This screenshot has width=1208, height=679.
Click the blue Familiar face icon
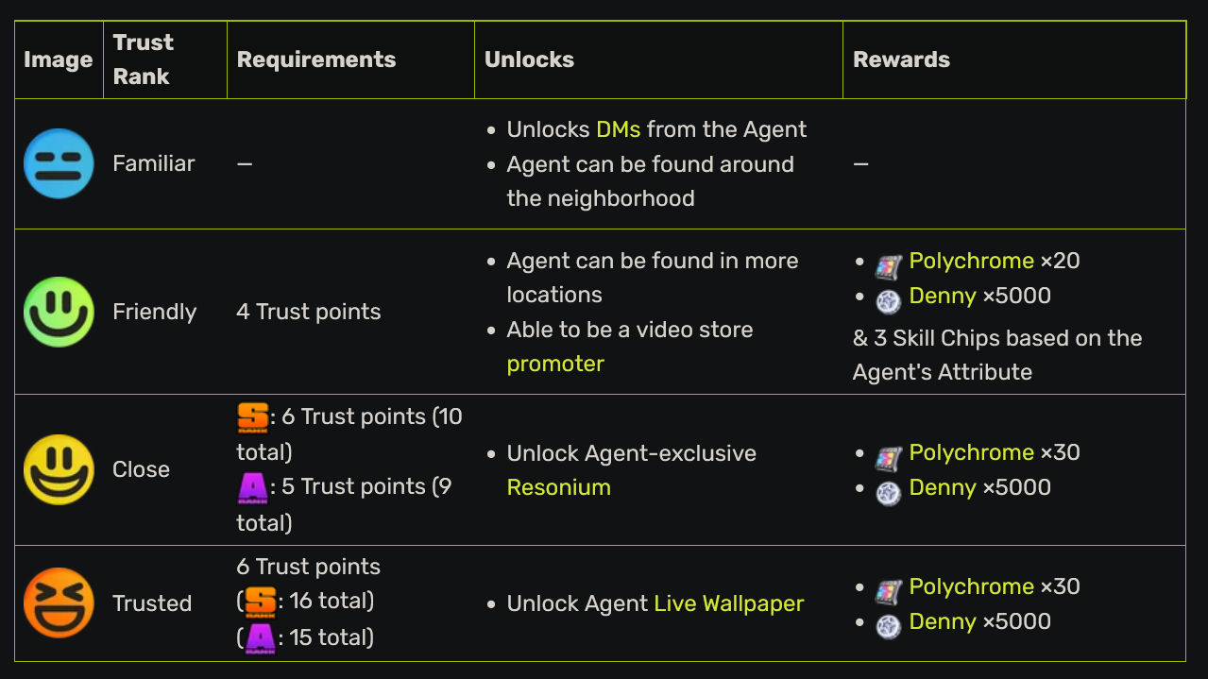[x=59, y=163]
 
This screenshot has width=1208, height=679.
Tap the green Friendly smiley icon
[x=59, y=312]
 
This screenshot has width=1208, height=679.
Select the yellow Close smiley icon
[x=59, y=469]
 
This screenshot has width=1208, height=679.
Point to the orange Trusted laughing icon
[x=59, y=603]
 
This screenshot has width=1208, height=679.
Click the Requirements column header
[x=316, y=59]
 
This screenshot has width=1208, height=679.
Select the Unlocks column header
[x=529, y=59]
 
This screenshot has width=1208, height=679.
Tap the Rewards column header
[x=901, y=59]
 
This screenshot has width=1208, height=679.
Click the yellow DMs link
[x=618, y=129]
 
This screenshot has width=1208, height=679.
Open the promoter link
[x=555, y=364]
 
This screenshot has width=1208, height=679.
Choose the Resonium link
[x=558, y=487]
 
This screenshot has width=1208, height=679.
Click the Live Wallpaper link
[x=728, y=603]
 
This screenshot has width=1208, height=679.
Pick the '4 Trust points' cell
[x=309, y=312]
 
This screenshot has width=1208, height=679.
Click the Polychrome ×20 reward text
[x=994, y=261]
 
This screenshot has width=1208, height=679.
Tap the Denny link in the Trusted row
[x=942, y=621]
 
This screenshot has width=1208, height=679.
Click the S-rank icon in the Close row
[x=253, y=417]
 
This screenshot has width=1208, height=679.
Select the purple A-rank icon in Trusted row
[x=260, y=637]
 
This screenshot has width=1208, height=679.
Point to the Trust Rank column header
[x=144, y=59]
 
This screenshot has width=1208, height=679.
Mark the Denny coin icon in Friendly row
[x=888, y=300]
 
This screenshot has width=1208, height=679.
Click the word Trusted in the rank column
[x=152, y=603]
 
